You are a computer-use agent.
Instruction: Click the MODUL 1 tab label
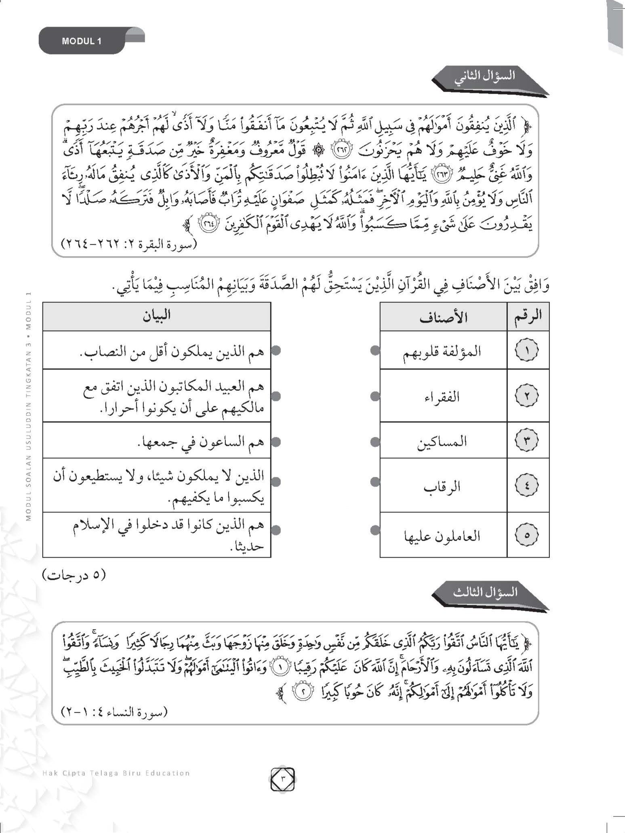pos(82,41)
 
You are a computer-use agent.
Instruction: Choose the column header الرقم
pos(528,317)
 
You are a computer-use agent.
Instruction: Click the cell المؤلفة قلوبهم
pos(443,350)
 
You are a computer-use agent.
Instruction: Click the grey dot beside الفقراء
pos(375,397)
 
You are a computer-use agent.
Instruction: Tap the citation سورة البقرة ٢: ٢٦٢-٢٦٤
pos(128,244)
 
